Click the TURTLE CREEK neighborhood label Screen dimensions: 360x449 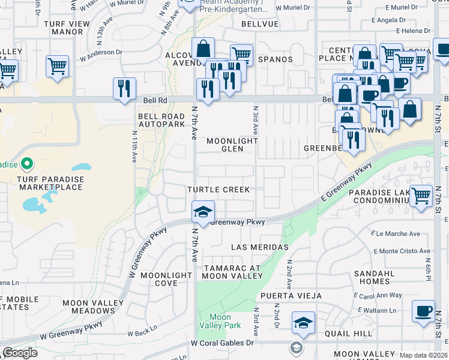[x=218, y=190]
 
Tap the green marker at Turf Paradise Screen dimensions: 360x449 [x=27, y=164]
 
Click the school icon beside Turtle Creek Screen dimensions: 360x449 [x=203, y=212]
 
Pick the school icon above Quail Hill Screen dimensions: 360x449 [x=303, y=323]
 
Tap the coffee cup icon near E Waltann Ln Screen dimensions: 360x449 [x=424, y=311]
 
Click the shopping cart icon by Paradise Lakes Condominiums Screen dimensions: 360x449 [x=421, y=195]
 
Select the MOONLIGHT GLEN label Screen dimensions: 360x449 [x=232, y=145]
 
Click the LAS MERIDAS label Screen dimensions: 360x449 [x=260, y=247]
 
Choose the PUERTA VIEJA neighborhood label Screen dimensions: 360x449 [x=291, y=296]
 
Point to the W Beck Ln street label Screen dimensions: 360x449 [x=142, y=329]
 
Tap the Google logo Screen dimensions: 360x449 [x=20, y=353]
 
